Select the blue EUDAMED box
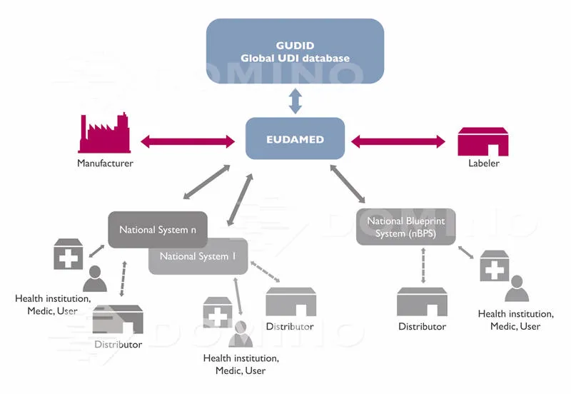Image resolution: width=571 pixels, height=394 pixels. pos(295,138)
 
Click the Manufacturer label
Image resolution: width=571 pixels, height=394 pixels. pos(105,163)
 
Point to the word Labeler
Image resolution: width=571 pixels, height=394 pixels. pos(483,163)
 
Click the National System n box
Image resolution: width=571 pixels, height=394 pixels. pos(158,230)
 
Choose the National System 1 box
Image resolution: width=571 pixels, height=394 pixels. pos(198,256)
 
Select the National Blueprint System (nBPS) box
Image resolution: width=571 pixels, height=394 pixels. pos(405,226)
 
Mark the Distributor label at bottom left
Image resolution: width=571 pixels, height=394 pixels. pos(118,345)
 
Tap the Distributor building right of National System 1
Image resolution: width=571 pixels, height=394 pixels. pos(290,303)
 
